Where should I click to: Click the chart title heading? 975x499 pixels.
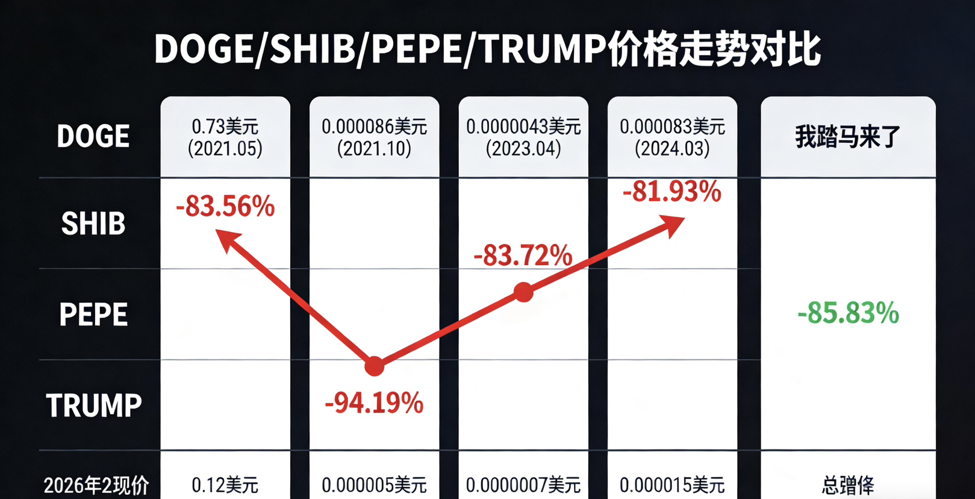coord(487,49)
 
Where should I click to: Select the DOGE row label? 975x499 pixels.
coord(93,136)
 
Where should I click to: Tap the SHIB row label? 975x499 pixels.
coord(93,224)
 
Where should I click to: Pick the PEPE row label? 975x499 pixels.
coord(93,315)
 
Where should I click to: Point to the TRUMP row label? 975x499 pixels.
coord(94,405)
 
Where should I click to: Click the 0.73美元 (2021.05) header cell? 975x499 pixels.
coord(225,137)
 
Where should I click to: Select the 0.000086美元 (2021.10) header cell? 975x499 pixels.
coord(374,137)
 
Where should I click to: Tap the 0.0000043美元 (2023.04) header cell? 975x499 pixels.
coord(523,137)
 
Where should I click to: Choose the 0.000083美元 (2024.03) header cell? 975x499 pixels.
coord(672,137)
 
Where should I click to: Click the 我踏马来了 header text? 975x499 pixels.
coord(847,137)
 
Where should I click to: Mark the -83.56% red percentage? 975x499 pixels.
coord(225,207)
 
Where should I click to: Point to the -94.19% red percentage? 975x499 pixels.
coord(374,403)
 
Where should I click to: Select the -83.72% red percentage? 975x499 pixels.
coord(523,256)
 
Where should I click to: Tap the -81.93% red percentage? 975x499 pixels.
coord(671,192)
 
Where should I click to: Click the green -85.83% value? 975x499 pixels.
coord(848,313)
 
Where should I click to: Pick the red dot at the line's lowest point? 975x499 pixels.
coord(374,366)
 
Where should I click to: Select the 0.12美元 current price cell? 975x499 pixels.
coord(225,485)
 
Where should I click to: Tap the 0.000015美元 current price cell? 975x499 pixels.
coord(672,485)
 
